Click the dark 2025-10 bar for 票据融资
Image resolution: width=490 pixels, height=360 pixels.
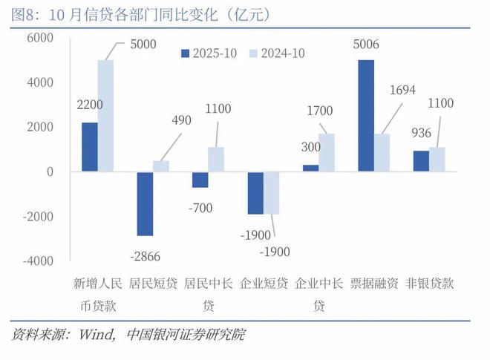click(x=366, y=116)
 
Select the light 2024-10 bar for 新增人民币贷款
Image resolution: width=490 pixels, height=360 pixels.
click(x=106, y=116)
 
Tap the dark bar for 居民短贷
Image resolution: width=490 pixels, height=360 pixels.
click(x=145, y=204)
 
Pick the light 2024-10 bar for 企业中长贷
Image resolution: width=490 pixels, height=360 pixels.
click(x=327, y=153)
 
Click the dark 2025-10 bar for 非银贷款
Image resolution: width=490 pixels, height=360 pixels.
click(x=421, y=161)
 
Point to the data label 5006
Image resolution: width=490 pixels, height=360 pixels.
click(x=366, y=45)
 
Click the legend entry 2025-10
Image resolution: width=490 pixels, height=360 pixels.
click(x=209, y=53)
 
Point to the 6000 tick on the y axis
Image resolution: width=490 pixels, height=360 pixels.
click(x=40, y=38)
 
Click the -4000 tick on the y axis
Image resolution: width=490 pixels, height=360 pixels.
click(x=38, y=261)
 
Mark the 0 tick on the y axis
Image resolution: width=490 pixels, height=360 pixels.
click(x=50, y=171)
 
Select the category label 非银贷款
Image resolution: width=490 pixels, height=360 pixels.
click(x=430, y=284)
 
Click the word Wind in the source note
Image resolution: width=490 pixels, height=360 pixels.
click(x=94, y=335)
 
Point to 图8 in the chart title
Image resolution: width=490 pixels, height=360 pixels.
click(x=27, y=13)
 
